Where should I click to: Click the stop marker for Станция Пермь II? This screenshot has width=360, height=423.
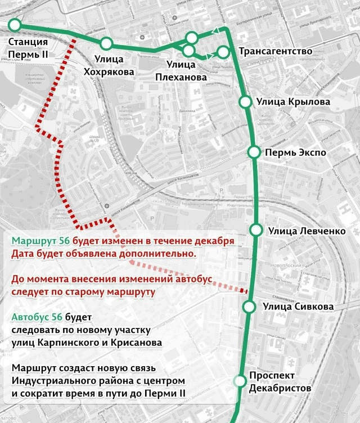pos(15,25)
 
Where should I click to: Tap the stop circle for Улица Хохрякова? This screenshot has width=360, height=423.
pos(106,43)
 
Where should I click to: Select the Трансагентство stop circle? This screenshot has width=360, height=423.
pos(223,52)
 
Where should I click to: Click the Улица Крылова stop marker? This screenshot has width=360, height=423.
pos(245,101)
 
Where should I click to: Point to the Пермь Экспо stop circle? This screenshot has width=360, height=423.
pos(254,152)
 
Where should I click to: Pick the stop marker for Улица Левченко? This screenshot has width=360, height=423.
pos(256,229)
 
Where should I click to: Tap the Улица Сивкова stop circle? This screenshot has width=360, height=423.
pos(250,307)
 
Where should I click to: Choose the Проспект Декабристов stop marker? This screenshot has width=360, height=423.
pos(241,381)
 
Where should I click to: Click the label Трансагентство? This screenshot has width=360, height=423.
pos(276,52)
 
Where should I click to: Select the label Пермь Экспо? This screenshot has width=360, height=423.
pos(296,152)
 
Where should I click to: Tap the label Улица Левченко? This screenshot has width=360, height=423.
pos(306,230)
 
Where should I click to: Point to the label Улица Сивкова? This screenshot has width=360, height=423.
pos(298,307)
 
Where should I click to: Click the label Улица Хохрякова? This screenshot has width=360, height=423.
pos(109,65)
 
